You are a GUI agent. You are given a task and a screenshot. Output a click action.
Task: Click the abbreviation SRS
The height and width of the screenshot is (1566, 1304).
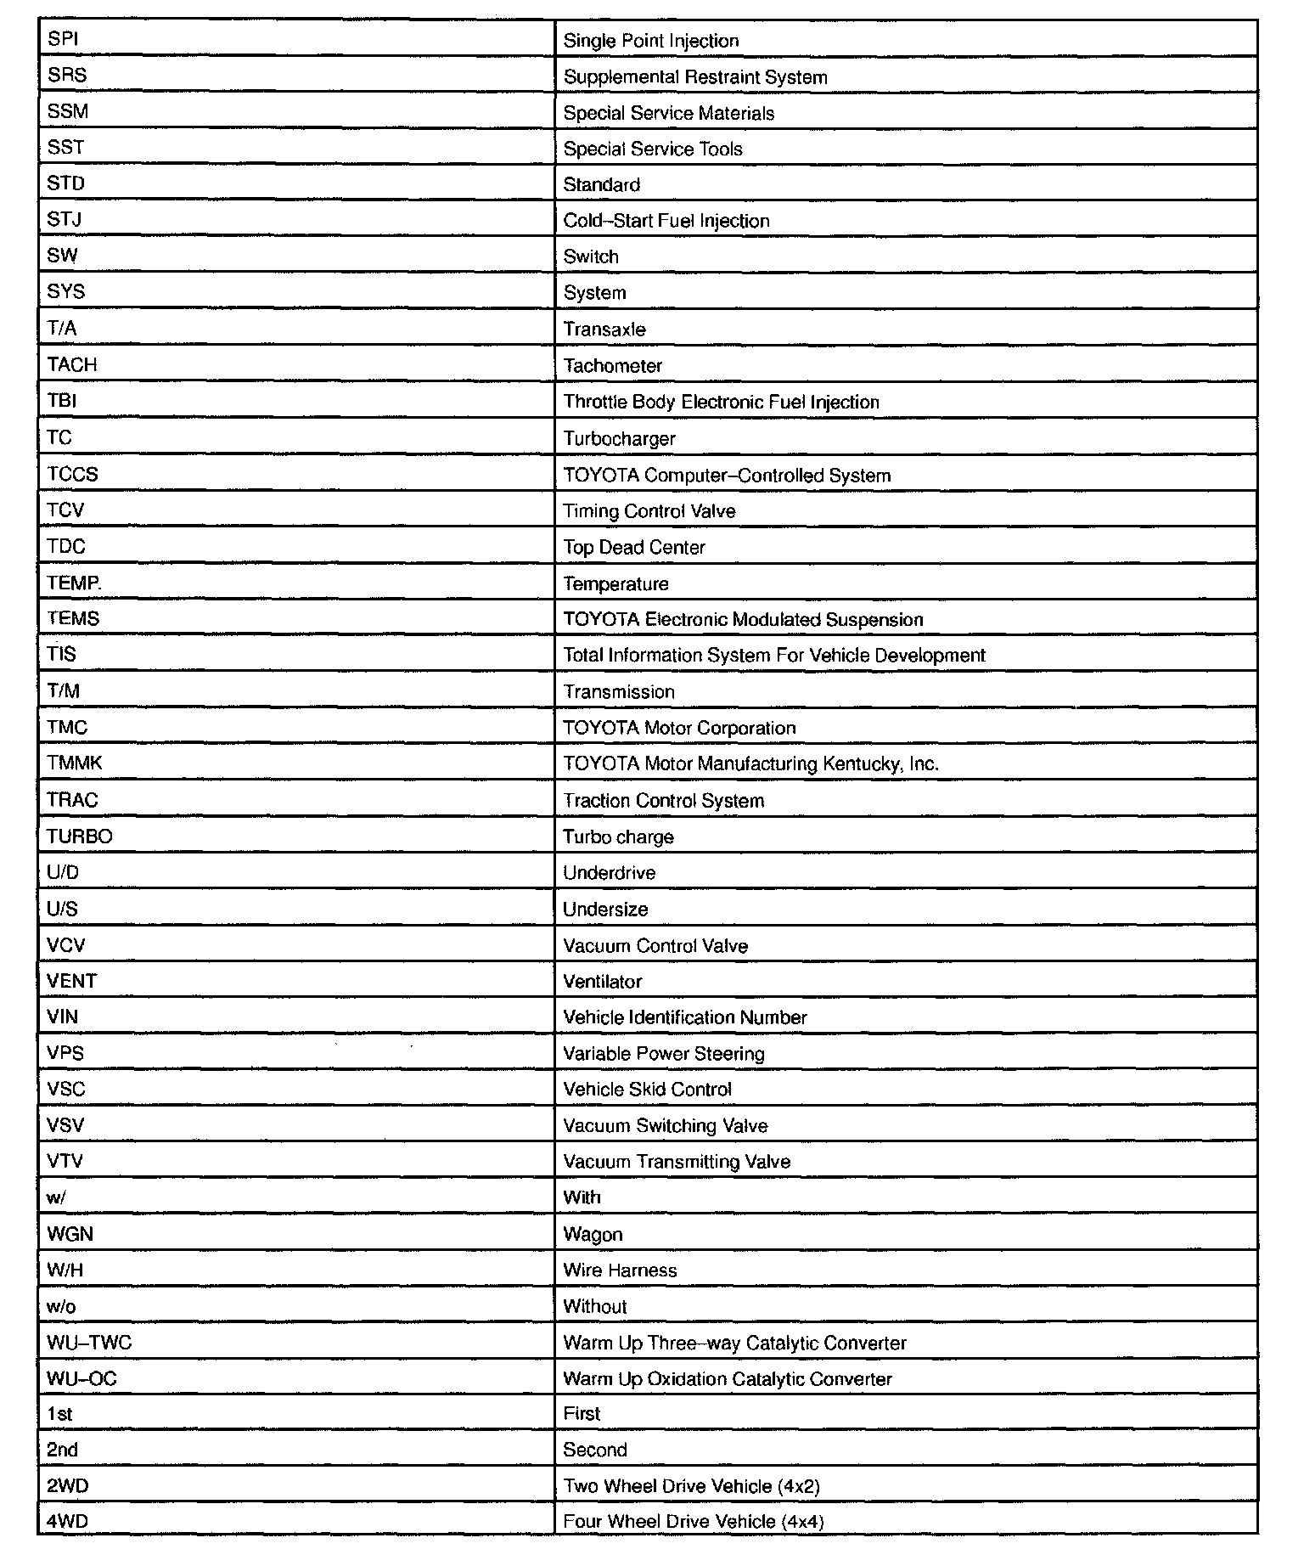pos(67,76)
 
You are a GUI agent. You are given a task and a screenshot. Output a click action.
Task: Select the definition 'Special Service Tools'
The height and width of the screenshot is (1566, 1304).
pos(653,149)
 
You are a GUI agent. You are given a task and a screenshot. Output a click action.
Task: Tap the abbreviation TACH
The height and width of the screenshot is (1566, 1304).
pos(72,365)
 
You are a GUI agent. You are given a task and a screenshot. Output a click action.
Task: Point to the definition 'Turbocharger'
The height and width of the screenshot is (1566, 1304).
pos(619,439)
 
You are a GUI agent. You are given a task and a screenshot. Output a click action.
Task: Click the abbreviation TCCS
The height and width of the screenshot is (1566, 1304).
pos(73,475)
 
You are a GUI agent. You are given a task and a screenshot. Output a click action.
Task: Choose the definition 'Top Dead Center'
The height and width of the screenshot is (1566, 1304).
pos(634,548)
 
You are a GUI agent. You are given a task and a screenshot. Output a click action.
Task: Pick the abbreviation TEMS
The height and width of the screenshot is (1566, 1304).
pos(73,619)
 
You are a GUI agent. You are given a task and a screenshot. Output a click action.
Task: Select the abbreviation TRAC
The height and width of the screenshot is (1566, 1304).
pos(72,801)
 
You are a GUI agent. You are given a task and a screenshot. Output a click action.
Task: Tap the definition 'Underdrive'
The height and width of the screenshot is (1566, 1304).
pos(609,873)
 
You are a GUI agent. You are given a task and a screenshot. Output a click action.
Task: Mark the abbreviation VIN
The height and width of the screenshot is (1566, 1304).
pos(63,1017)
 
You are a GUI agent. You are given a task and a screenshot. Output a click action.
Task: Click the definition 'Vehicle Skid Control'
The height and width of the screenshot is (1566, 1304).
pos(647,1090)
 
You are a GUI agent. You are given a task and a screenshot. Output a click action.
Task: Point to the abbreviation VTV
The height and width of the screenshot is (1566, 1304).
pos(65,1162)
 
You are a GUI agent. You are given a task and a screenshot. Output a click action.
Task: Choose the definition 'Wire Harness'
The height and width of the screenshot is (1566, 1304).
pos(620,1270)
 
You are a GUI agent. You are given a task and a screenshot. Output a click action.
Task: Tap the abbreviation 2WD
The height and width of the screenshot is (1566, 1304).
pos(68,1486)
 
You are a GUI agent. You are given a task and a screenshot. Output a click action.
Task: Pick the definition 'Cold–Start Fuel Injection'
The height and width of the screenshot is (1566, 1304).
pos(666,222)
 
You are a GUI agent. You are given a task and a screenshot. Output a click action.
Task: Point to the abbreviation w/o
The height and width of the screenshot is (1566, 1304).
pos(61,1307)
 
